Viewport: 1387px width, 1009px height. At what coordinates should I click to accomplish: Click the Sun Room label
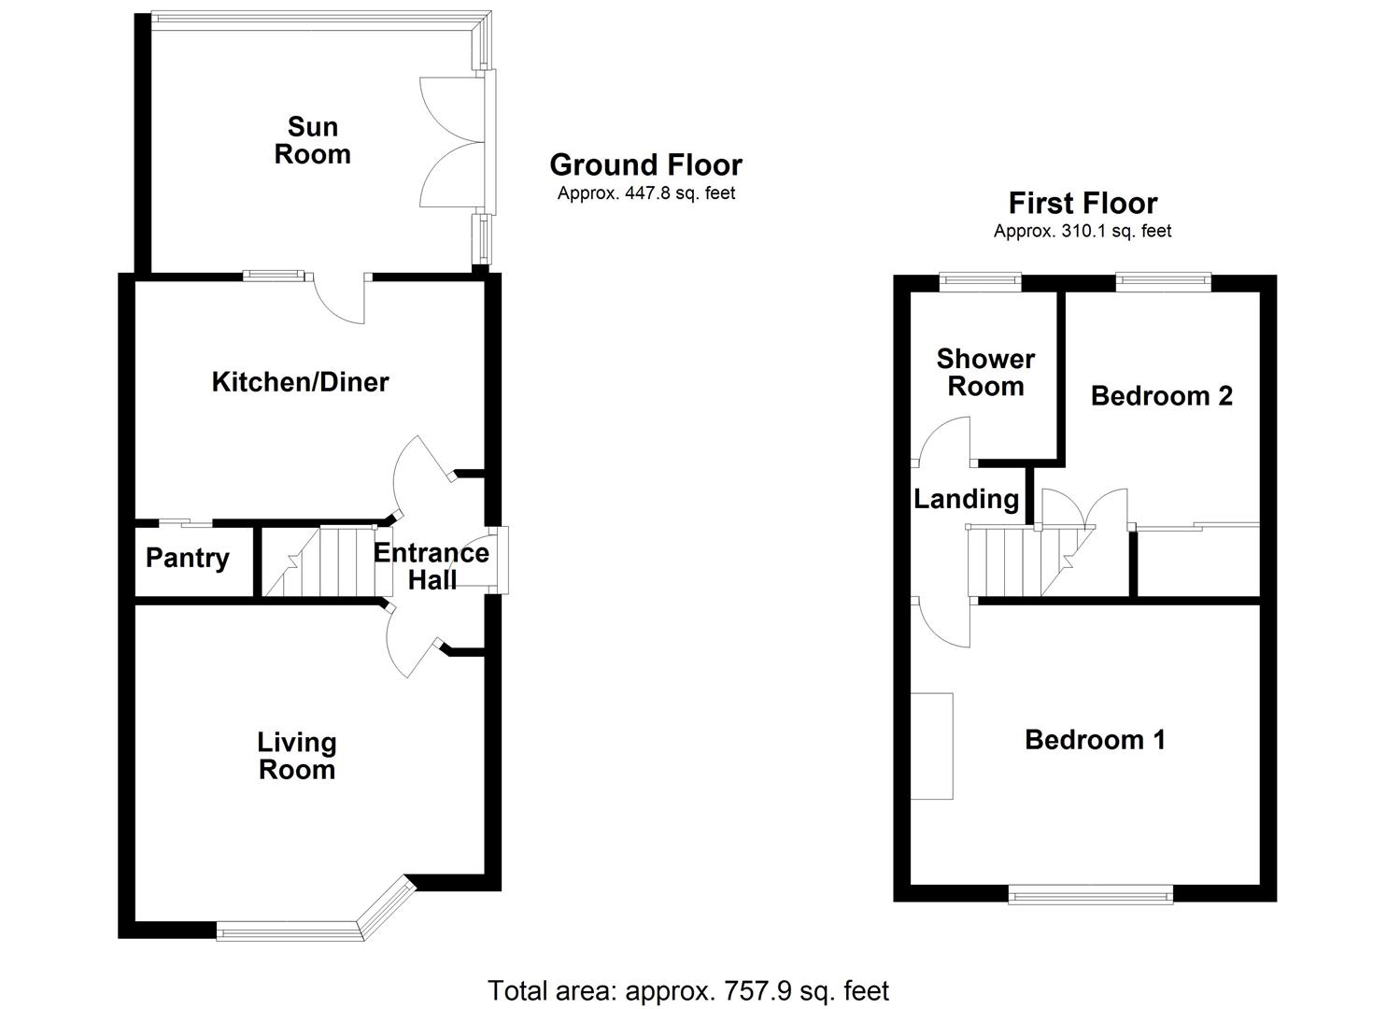[x=312, y=140]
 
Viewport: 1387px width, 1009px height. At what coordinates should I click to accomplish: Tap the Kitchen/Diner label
[x=300, y=381]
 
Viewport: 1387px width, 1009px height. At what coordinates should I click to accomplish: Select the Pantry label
[x=187, y=558]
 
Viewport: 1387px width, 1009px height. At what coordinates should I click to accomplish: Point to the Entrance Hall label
[x=432, y=565]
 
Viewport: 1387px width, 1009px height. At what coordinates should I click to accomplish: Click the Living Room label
[x=297, y=756]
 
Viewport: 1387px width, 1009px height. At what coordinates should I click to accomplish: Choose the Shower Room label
[x=985, y=372]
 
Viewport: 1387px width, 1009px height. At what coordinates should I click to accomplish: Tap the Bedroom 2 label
[x=1161, y=395]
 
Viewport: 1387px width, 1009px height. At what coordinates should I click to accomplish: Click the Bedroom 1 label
[x=1095, y=739]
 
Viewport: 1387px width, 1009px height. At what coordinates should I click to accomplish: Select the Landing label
[x=966, y=499]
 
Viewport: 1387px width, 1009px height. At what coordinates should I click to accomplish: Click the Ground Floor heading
[x=645, y=164]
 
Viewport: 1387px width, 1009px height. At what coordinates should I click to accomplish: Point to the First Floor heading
[x=1083, y=203]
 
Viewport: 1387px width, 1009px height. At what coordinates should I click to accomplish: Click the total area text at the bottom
[x=688, y=989]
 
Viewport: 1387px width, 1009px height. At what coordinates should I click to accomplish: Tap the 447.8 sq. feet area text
[x=646, y=193]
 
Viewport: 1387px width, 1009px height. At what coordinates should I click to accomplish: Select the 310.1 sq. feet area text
[x=1083, y=231]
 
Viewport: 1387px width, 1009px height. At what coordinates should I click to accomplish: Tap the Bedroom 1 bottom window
[x=1091, y=896]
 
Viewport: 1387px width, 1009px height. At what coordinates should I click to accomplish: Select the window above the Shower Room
[x=980, y=278]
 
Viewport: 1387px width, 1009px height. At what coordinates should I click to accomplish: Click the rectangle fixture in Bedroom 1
[x=932, y=746]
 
